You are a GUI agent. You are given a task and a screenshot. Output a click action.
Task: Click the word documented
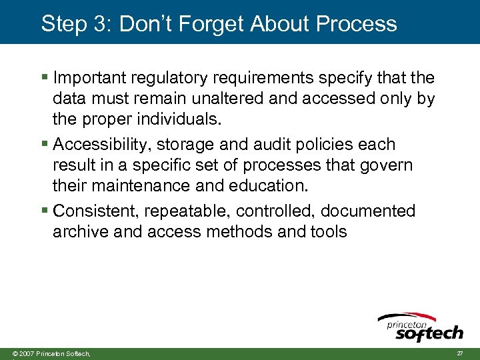pos(367,211)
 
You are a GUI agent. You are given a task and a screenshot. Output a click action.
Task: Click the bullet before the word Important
pos(45,78)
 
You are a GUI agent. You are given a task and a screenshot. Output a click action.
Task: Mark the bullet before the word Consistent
pos(45,211)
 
